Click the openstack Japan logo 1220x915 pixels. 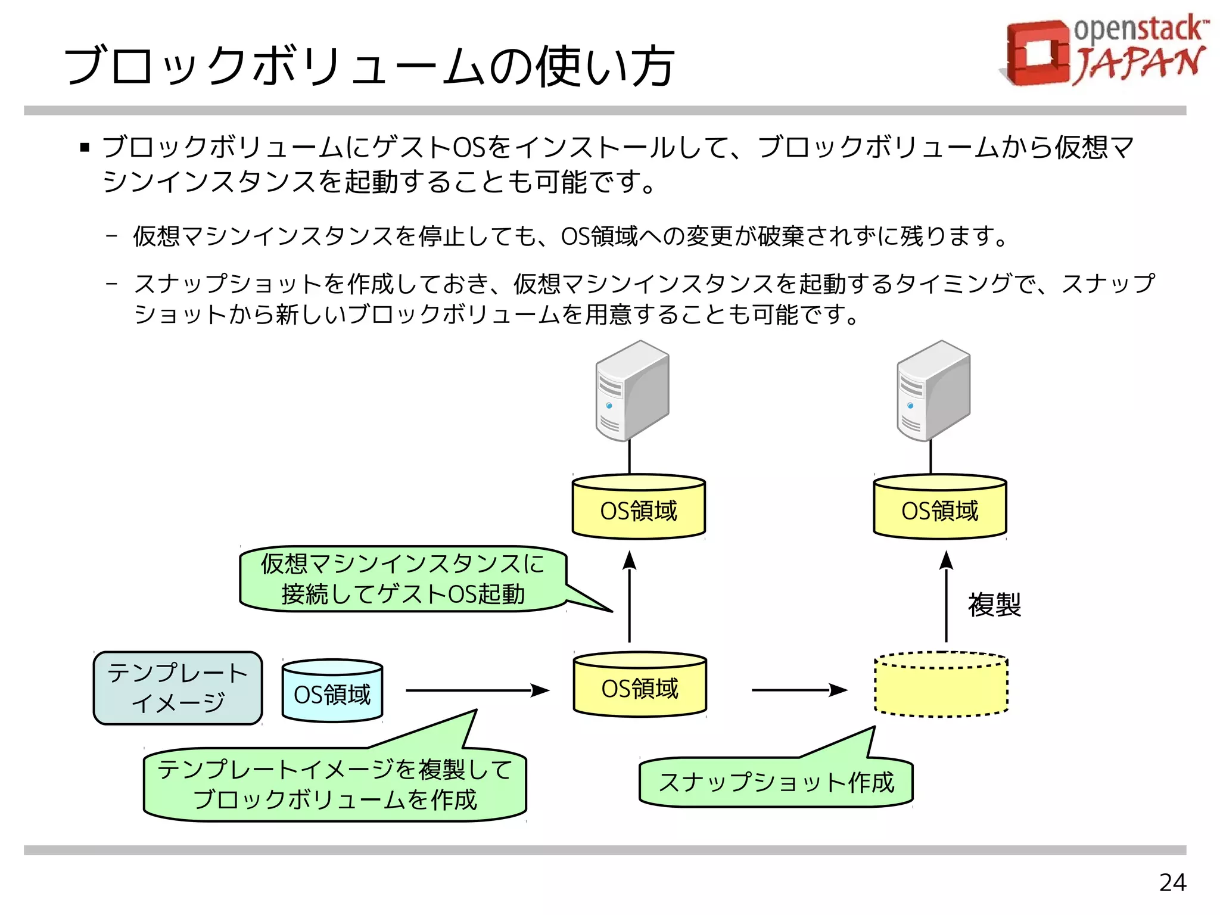(1105, 51)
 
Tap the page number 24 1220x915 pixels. (1172, 882)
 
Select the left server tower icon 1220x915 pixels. (632, 391)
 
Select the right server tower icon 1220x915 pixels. (933, 391)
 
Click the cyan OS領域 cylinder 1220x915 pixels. (332, 691)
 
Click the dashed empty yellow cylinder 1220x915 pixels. (941, 685)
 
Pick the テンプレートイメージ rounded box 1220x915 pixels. (178, 688)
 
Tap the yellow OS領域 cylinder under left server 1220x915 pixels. (639, 508)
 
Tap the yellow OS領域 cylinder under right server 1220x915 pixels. (940, 508)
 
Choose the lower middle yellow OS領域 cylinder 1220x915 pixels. (640, 685)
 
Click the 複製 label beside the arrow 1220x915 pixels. (994, 605)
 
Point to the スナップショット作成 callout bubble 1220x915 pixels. (776, 782)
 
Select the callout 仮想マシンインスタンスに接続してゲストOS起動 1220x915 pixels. (403, 579)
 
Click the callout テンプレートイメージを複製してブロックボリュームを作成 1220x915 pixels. (335, 785)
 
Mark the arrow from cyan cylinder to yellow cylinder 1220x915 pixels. (477, 690)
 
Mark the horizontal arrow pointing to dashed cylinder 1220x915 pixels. (798, 690)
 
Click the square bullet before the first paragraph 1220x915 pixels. (85, 147)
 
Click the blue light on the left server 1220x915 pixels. (609, 406)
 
